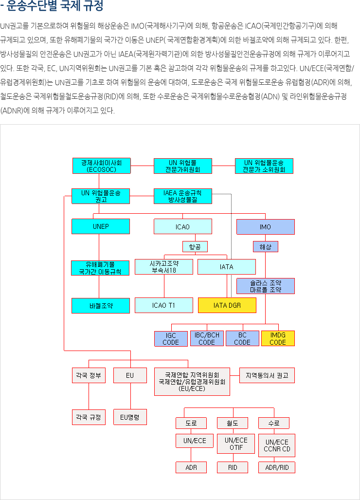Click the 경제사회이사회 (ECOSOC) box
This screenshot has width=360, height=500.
[x=102, y=166]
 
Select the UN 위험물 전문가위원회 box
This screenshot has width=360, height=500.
[x=183, y=166]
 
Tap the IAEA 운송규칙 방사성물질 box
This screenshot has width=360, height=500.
[x=183, y=196]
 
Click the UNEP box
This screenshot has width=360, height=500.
[x=101, y=226]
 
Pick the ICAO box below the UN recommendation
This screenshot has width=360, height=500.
[x=183, y=227]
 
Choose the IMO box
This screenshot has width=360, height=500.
[x=266, y=227]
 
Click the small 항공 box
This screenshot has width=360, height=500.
[x=195, y=246]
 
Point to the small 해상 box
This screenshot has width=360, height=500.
[x=266, y=246]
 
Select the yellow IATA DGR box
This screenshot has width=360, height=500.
[x=227, y=305]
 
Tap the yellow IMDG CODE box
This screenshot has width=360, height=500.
[x=278, y=338]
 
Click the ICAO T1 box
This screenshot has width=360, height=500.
[x=164, y=305]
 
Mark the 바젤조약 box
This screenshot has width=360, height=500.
[x=101, y=306]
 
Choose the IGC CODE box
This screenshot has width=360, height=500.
[x=171, y=339]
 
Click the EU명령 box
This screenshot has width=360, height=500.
[x=130, y=417]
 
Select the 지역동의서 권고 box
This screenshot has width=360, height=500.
[x=267, y=375]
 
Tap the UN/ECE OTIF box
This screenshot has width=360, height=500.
[x=236, y=444]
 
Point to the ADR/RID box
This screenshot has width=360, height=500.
[x=277, y=467]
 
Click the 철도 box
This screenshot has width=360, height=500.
[x=233, y=423]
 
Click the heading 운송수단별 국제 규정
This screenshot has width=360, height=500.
[x=55, y=6]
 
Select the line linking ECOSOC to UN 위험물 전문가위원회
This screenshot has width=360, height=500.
[x=142, y=166]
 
